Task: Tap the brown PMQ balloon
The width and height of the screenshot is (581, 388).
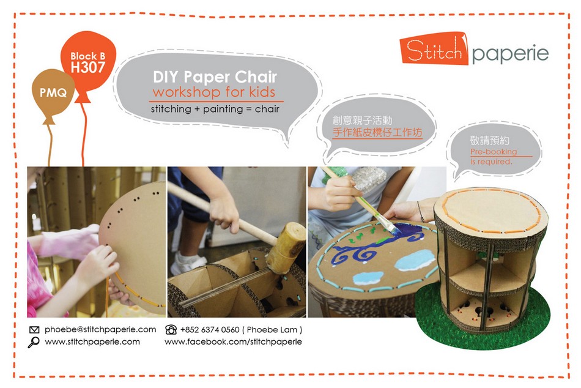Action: pyautogui.click(x=53, y=93)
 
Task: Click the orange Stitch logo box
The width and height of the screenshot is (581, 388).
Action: pyautogui.click(x=434, y=50)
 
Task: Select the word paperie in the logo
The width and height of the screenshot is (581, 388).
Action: pyautogui.click(x=510, y=54)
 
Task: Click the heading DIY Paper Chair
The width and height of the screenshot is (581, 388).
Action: pyautogui.click(x=215, y=76)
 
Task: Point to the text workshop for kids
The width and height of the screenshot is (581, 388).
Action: pyautogui.click(x=214, y=92)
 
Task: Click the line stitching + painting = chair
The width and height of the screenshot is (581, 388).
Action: pyautogui.click(x=215, y=109)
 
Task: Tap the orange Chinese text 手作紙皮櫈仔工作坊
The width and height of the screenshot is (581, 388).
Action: pyautogui.click(x=377, y=132)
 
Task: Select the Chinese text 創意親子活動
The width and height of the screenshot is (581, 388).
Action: pyautogui.click(x=362, y=120)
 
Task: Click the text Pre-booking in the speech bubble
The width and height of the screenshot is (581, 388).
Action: pyautogui.click(x=494, y=151)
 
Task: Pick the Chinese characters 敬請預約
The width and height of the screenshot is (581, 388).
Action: pyautogui.click(x=489, y=140)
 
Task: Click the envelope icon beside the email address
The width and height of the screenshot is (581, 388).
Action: pyautogui.click(x=34, y=329)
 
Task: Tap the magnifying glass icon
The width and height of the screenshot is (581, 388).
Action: pyautogui.click(x=34, y=342)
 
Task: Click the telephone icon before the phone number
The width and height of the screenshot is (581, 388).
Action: pyautogui.click(x=171, y=329)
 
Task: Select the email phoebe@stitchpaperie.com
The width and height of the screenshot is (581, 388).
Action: pyautogui.click(x=100, y=329)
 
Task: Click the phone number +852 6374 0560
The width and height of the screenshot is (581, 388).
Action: pyautogui.click(x=210, y=330)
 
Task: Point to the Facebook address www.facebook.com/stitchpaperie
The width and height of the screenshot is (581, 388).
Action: pyautogui.click(x=233, y=341)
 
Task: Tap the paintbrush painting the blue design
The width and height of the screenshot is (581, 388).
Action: pyautogui.click(x=361, y=201)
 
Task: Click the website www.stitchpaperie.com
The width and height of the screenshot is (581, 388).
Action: pyautogui.click(x=92, y=341)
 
